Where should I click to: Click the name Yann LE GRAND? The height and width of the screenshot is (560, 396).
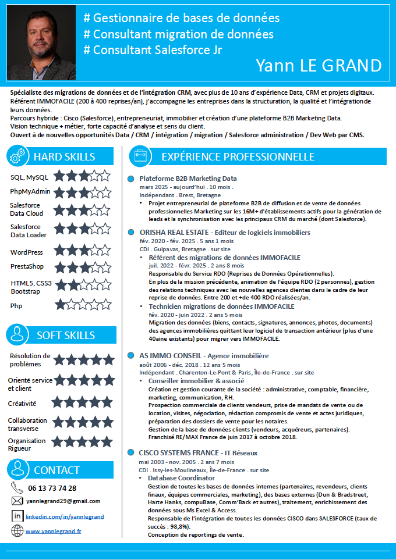[319, 65]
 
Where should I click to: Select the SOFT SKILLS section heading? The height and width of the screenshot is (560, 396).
[65, 335]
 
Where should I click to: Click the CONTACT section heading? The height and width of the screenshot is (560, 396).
[56, 470]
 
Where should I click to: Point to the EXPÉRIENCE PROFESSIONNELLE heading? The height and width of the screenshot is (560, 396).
[238, 156]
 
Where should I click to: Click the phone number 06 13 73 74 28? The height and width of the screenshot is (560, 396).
[52, 488]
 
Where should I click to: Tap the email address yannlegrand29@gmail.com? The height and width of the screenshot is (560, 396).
[63, 501]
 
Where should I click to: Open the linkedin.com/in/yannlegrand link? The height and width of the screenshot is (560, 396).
[65, 516]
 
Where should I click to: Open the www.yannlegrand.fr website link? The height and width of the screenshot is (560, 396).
[53, 531]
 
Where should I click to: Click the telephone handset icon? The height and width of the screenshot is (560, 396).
[17, 488]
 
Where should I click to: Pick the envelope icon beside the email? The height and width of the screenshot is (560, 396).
[17, 501]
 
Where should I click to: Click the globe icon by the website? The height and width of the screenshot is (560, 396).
[17, 530]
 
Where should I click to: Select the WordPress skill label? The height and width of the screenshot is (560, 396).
[27, 252]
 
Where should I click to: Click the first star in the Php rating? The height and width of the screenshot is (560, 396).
[61, 304]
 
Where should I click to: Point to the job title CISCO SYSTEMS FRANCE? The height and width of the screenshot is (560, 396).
[178, 452]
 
